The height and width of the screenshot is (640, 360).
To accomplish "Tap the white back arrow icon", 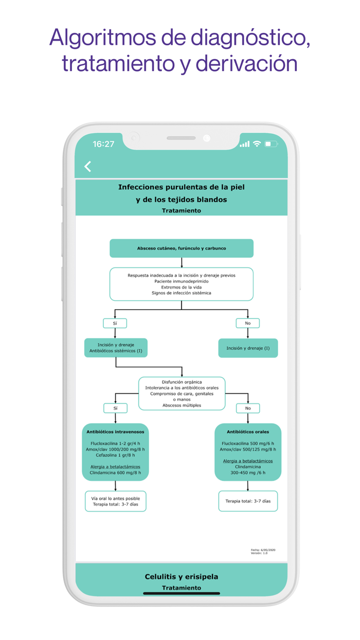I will (88, 166).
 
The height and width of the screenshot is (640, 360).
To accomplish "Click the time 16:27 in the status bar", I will (103, 144).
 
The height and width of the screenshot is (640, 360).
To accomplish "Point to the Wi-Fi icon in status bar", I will (257, 144).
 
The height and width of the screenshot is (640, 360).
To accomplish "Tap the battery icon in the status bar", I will (271, 144).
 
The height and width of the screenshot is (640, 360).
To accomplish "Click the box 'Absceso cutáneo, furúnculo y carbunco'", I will (182, 248).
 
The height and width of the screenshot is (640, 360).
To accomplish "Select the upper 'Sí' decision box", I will (115, 323).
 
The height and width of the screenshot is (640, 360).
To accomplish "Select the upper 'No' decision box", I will (248, 323).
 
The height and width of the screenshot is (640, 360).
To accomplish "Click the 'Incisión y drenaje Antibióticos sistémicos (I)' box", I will (116, 348).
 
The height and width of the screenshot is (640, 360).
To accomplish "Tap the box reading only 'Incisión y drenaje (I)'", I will (248, 348).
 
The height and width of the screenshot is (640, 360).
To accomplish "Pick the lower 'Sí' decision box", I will (115, 408).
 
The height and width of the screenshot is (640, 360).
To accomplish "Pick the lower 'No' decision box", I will (248, 408).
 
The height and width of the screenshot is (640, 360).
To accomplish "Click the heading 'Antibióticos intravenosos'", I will (115, 432).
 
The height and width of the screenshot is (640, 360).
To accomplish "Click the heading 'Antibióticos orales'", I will (248, 432).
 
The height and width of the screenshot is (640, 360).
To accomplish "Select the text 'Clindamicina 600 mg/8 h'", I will (115, 472).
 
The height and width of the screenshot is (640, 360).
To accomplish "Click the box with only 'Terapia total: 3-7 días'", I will (248, 501).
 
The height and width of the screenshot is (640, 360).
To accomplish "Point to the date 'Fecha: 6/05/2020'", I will (263, 550).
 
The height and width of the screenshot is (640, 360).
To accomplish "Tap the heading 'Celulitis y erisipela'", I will (182, 577).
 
